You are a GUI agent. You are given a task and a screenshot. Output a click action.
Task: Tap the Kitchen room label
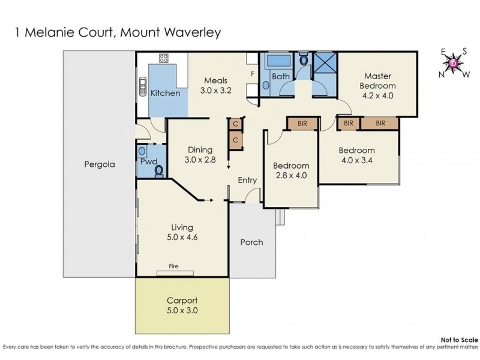tap(164, 93)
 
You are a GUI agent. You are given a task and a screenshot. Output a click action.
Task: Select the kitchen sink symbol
tap(143, 88)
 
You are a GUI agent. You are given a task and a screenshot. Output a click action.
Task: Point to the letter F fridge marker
tap(253, 74)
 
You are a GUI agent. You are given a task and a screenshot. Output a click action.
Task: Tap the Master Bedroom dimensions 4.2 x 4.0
tap(377, 95)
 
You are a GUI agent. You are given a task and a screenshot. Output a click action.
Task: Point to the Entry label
tap(247, 180)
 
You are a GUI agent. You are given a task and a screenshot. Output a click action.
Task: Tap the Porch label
tap(251, 242)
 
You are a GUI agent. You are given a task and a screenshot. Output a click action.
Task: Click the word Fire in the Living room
tap(173, 266)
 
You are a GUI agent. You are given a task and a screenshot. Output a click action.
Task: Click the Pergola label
tap(99, 163)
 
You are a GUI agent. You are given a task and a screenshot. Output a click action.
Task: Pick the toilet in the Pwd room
tap(158, 172)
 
